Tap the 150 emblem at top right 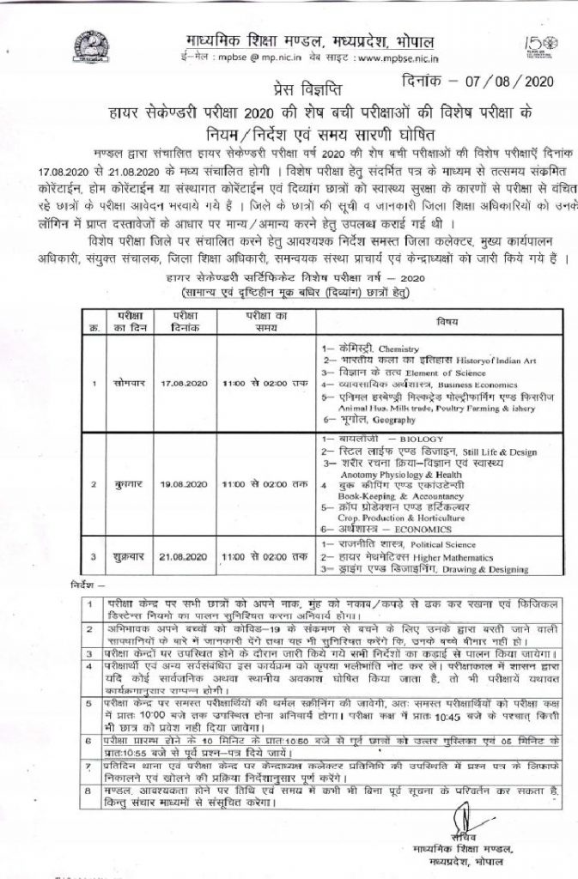pos(538,47)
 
